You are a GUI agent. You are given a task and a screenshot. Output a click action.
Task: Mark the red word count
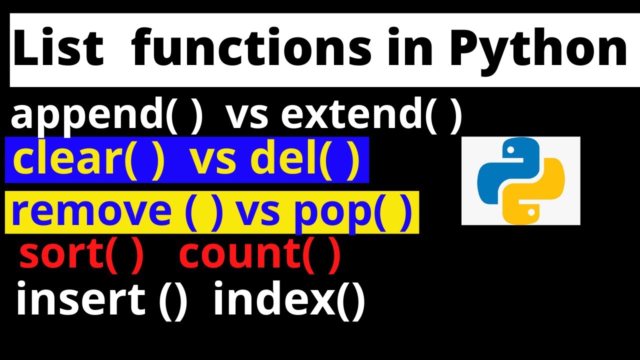(x=239, y=255)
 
